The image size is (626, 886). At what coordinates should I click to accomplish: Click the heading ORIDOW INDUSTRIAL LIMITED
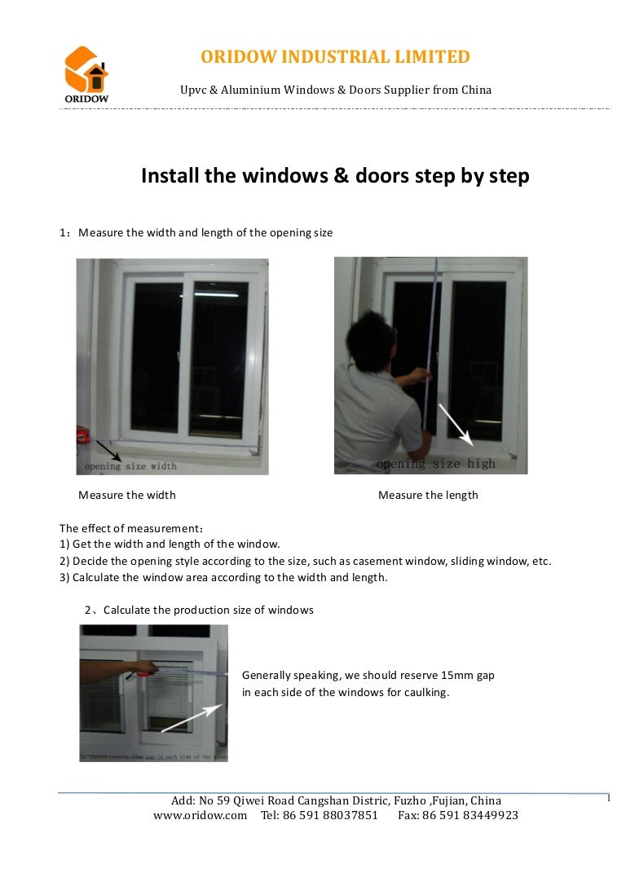tap(335, 57)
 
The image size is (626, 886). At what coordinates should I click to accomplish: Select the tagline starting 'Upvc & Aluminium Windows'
tap(335, 90)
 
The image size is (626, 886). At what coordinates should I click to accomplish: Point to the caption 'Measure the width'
tap(126, 495)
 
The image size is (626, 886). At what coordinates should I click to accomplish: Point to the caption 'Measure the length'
tap(428, 495)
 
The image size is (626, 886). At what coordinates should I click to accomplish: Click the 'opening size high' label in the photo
tap(435, 464)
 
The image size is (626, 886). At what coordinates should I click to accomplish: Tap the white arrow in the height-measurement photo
tap(456, 425)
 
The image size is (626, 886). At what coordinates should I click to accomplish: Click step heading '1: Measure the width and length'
tap(196, 233)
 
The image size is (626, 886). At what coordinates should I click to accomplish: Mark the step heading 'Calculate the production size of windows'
tap(208, 610)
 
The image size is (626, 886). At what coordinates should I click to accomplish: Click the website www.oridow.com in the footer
tap(200, 815)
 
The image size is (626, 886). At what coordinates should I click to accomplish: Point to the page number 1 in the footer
tap(608, 798)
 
